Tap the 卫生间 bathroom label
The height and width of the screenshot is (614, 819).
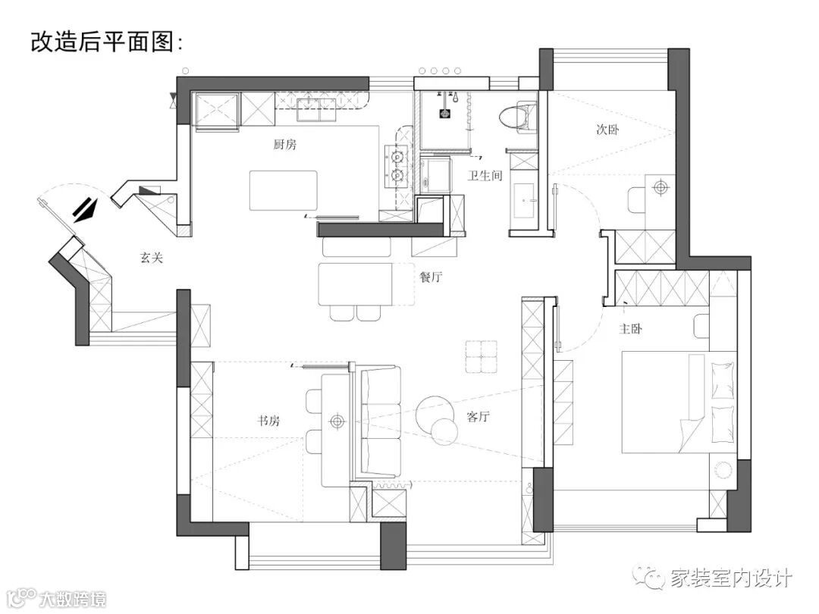pos(485,175)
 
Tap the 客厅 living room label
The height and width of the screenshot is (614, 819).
pos(478,417)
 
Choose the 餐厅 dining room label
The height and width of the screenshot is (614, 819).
pos(431,277)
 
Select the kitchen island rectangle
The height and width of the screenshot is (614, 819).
pos(283,191)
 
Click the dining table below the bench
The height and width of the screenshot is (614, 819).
pos(355,283)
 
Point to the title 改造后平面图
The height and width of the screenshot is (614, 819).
pos(106,42)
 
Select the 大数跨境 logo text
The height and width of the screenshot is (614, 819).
pos(74,598)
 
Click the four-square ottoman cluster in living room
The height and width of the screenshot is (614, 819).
pos(482,356)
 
